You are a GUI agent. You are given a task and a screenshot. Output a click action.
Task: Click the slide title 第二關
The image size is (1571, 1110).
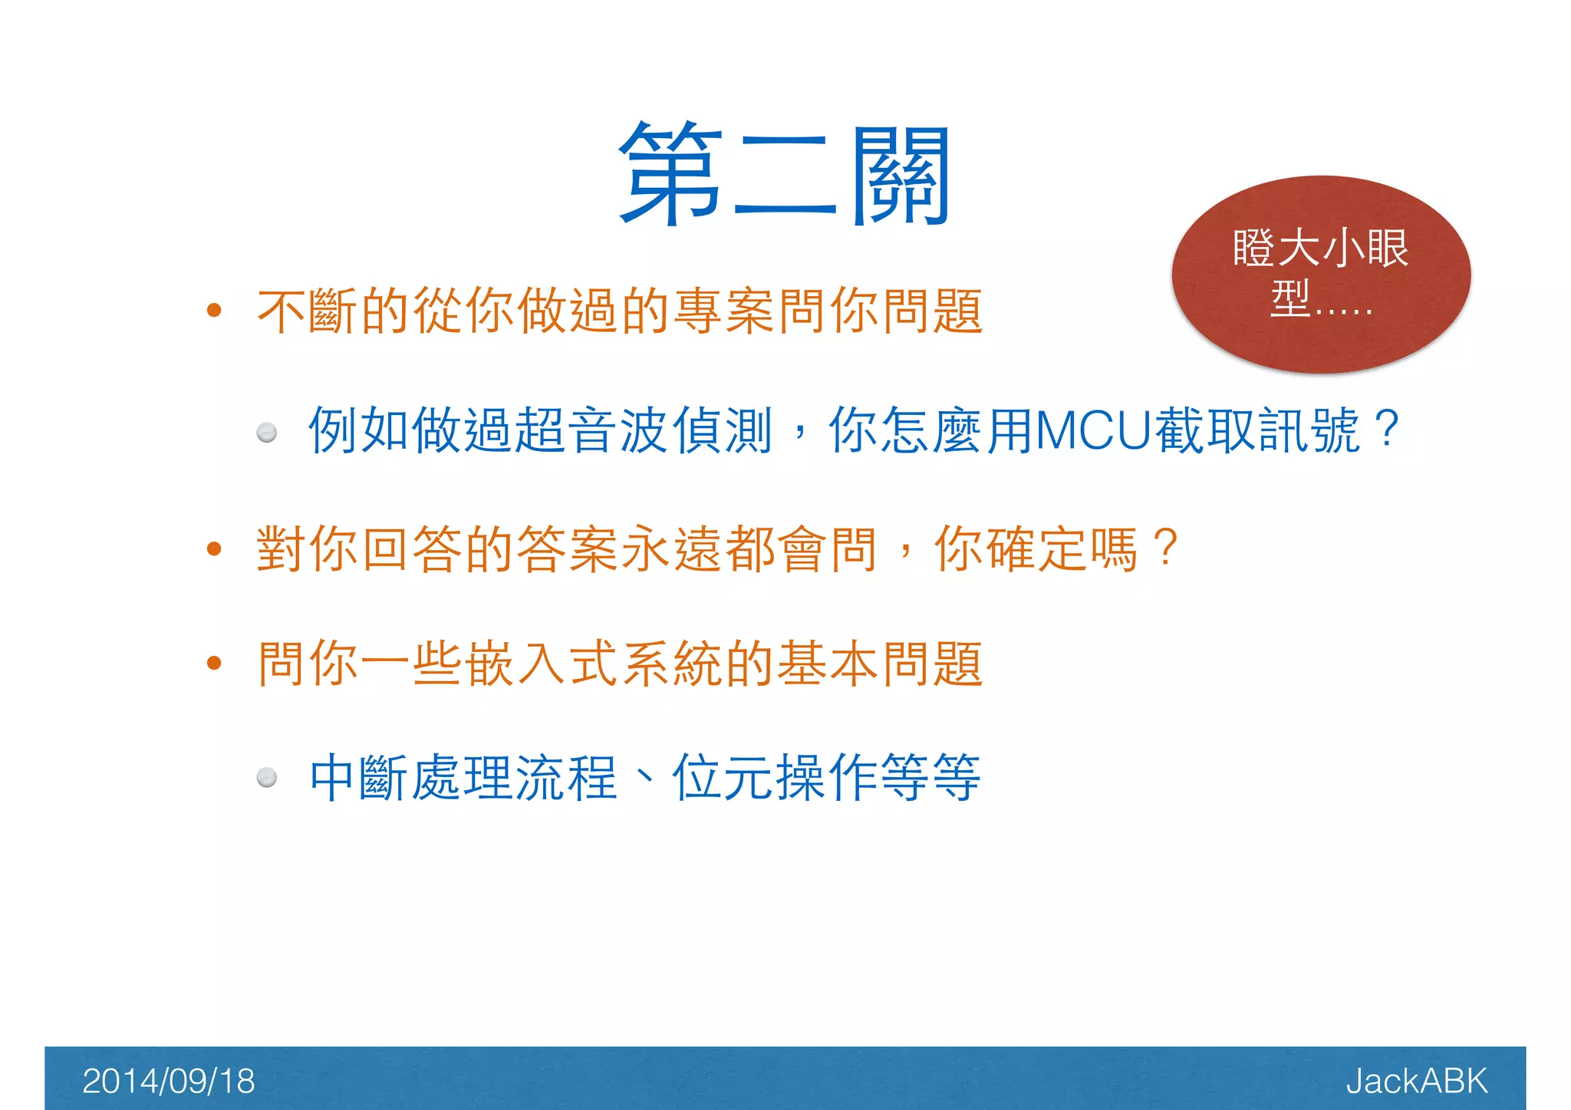click(785, 175)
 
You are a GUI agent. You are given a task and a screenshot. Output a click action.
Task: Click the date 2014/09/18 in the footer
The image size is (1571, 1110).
click(168, 1081)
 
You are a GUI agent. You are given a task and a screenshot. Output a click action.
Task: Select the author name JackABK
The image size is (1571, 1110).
click(1416, 1081)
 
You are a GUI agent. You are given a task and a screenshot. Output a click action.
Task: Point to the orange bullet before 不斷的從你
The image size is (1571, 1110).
click(214, 311)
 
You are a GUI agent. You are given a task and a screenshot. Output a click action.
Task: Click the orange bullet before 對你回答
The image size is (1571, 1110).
click(214, 548)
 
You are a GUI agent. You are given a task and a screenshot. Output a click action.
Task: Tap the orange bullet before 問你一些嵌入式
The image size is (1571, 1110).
click(214, 663)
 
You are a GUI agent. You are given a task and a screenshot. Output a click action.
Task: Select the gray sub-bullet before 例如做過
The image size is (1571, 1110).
click(267, 433)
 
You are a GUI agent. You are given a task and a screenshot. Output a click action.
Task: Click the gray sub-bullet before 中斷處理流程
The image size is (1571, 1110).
click(267, 778)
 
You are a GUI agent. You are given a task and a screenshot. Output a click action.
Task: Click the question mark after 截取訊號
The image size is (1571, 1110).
click(1387, 430)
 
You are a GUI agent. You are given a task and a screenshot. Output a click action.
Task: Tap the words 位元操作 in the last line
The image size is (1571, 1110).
click(775, 778)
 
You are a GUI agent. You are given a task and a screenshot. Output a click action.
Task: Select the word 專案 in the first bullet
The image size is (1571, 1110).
click(724, 311)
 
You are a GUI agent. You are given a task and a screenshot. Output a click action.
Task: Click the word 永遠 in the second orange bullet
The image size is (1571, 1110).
click(646, 549)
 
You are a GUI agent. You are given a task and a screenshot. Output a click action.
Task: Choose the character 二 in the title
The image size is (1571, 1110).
click(784, 176)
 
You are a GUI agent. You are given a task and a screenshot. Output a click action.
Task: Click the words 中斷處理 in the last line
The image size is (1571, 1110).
click(411, 778)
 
